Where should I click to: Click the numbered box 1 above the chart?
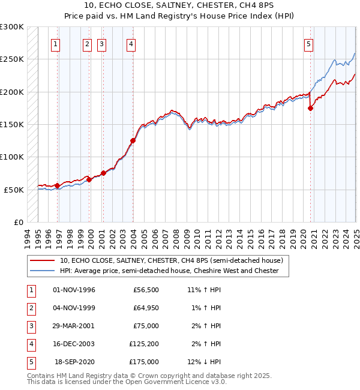[55, 43]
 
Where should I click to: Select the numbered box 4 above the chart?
[130, 43]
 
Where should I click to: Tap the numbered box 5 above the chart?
[308, 43]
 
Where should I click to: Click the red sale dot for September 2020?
[310, 109]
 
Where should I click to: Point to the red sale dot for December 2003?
[133, 141]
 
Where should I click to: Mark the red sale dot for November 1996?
[58, 185]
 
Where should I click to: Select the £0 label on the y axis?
[18, 222]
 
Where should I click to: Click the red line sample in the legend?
[42, 261]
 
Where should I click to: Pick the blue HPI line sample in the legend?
[42, 271]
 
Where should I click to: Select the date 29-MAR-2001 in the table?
[74, 326]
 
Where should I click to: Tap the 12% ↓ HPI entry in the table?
[204, 362]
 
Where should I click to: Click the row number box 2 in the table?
[31, 308]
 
